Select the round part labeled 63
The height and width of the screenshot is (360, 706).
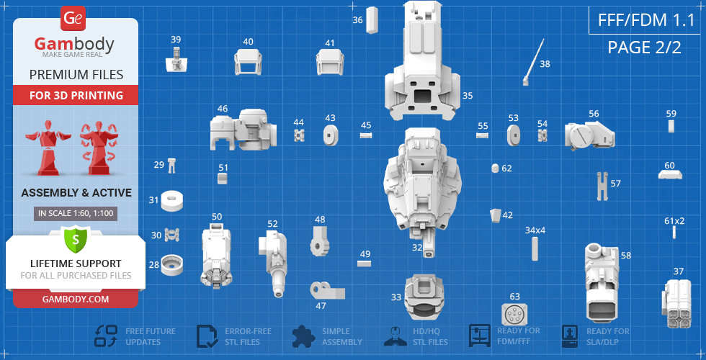click(514, 315)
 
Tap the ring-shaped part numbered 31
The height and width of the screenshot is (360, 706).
click(171, 200)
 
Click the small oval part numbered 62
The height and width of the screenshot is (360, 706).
click(495, 168)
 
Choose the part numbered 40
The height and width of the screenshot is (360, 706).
click(249, 62)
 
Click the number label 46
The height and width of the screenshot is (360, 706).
click(223, 109)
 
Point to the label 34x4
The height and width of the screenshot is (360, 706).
click(535, 230)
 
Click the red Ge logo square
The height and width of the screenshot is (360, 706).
click(73, 19)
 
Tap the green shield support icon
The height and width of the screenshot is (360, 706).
click(75, 238)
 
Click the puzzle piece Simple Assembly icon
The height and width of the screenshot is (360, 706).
click(304, 336)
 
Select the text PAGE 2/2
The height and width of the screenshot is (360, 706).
click(643, 48)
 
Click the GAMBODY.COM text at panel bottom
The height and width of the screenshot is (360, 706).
click(76, 299)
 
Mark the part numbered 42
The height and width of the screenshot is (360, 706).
click(496, 215)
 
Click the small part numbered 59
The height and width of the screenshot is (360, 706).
click(671, 126)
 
